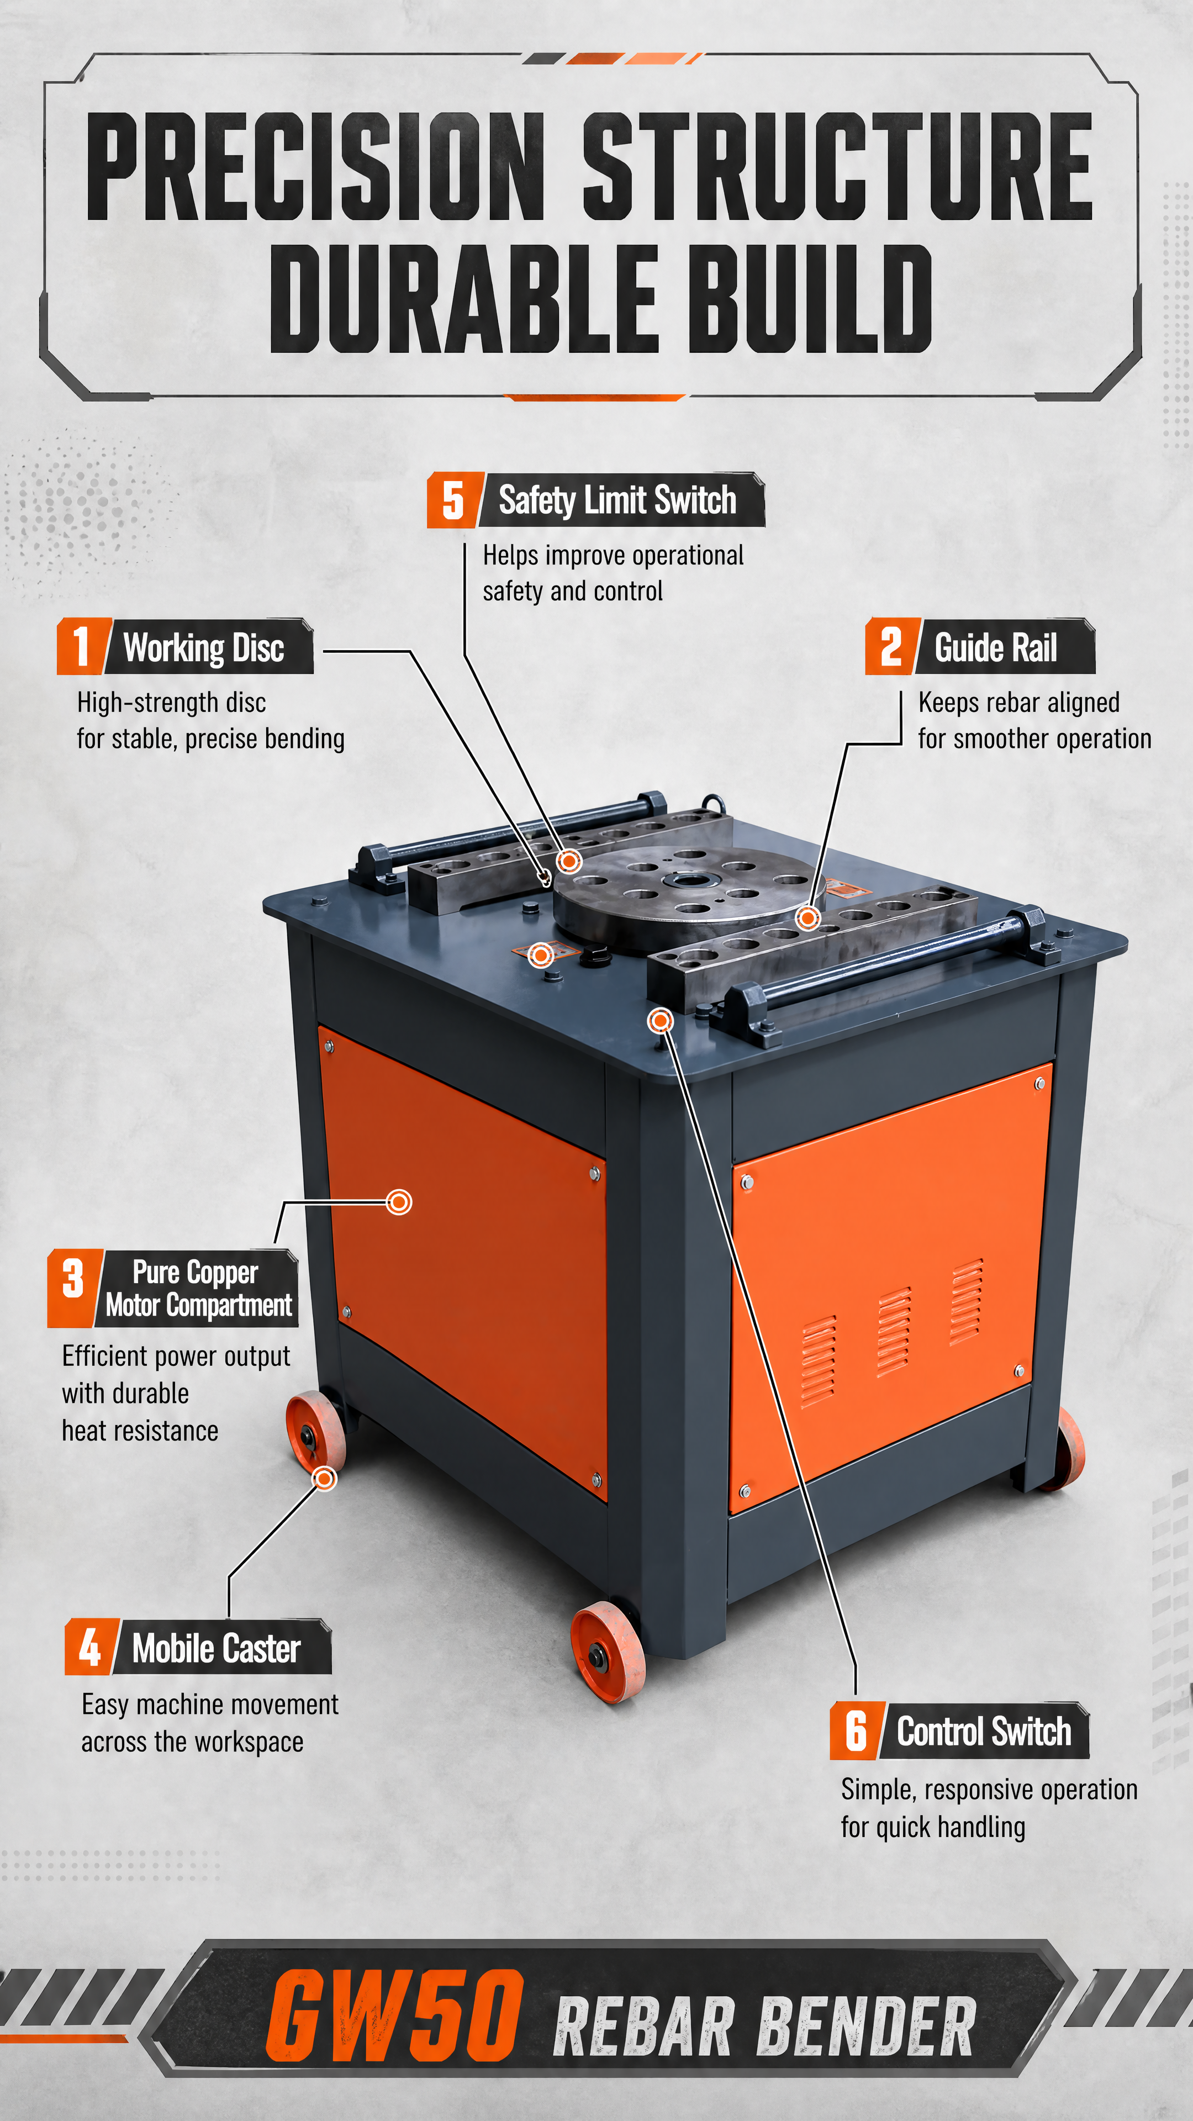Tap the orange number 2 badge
(891, 646)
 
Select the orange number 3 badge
(74, 1288)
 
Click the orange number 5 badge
(453, 500)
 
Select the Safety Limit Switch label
(617, 500)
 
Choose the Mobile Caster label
(217, 1648)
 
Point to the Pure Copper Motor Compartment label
(198, 1288)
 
